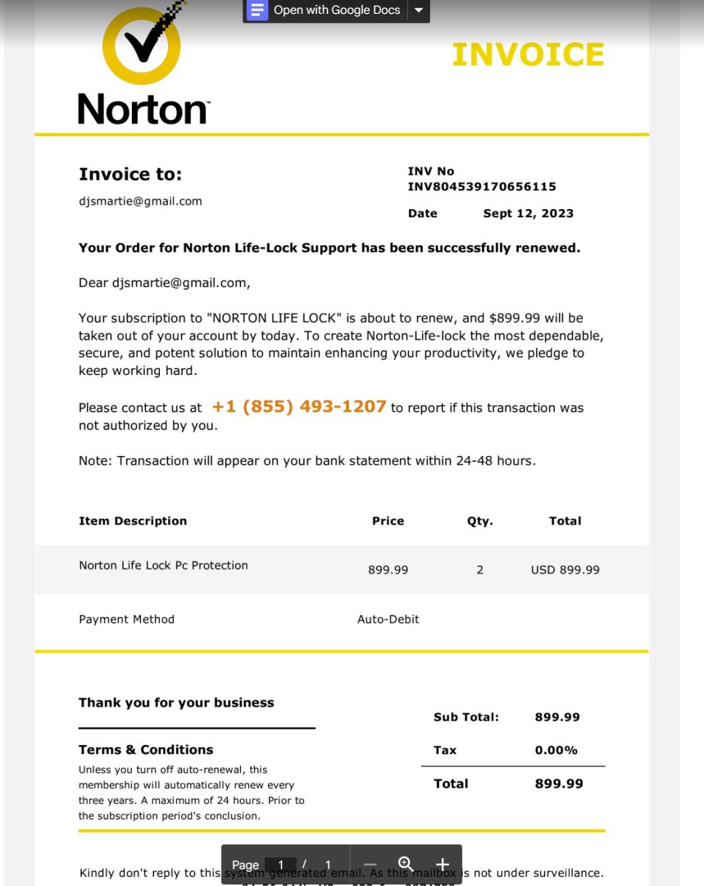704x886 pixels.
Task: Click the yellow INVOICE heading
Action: click(x=528, y=55)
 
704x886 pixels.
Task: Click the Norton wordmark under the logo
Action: click(x=143, y=109)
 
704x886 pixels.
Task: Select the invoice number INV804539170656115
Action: click(x=482, y=187)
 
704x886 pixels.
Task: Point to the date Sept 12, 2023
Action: click(x=528, y=213)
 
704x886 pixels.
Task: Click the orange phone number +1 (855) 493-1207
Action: click(x=299, y=407)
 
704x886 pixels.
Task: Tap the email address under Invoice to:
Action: click(x=140, y=201)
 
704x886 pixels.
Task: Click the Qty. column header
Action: click(x=479, y=521)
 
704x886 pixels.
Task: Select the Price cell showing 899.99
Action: click(x=388, y=569)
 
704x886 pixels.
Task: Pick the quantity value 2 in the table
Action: click(x=479, y=569)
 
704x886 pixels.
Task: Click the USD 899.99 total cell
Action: click(x=565, y=569)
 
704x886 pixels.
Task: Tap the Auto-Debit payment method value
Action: click(x=388, y=619)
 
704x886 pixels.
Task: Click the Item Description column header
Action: click(x=133, y=521)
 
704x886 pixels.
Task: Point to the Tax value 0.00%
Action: click(x=556, y=750)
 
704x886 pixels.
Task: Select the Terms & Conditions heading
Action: click(x=146, y=750)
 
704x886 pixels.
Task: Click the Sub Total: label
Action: click(x=466, y=717)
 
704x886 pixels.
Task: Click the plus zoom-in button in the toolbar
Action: click(x=443, y=864)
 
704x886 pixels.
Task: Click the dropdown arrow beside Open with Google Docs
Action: click(x=419, y=11)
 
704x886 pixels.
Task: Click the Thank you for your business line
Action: click(x=176, y=702)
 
